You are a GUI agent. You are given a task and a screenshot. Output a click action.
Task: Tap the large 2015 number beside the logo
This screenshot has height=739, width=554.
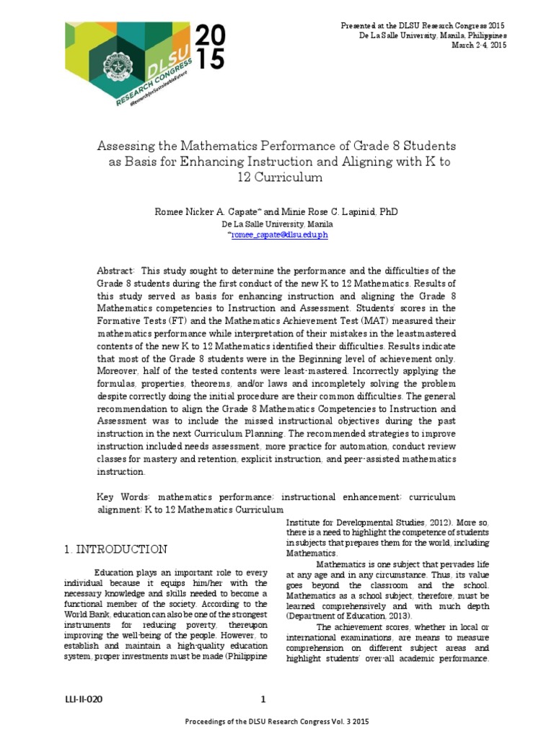tap(209, 47)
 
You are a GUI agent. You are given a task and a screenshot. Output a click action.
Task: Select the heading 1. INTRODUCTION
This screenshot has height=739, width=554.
tap(115, 549)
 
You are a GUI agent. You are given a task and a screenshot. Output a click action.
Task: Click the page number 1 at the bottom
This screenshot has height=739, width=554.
tap(263, 699)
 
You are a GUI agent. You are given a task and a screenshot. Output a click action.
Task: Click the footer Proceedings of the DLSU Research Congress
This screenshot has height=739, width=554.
tap(277, 722)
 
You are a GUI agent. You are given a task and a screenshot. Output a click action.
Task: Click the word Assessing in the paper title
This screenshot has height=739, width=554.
tap(123, 147)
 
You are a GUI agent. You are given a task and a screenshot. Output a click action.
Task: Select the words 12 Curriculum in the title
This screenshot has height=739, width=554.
tap(276, 178)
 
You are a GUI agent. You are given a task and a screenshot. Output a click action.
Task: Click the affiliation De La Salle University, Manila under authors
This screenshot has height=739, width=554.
tap(277, 224)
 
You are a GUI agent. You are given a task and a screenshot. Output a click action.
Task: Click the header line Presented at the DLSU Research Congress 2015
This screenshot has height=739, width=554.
tap(423, 25)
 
